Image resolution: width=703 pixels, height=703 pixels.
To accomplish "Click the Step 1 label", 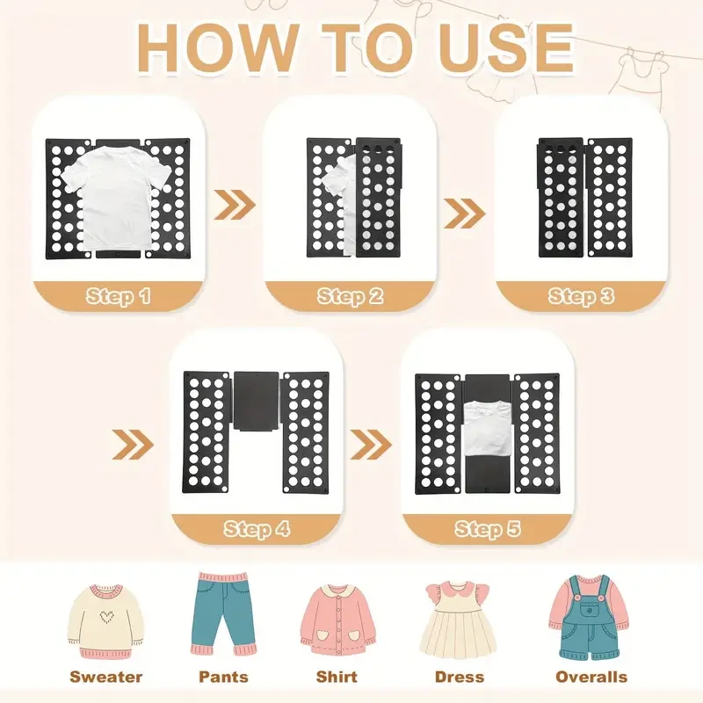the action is [119, 296].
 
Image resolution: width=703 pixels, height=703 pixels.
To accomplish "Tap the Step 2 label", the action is [350, 296].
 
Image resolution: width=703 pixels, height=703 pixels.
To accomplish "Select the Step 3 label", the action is [581, 296].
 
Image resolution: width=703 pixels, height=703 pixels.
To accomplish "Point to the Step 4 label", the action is [257, 529].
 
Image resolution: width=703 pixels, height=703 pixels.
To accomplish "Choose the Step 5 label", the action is [488, 529].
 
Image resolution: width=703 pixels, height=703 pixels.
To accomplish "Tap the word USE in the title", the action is [501, 48].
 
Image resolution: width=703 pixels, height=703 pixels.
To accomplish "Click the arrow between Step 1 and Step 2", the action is [235, 205].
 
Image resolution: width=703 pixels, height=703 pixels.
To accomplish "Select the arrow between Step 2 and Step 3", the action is [465, 213].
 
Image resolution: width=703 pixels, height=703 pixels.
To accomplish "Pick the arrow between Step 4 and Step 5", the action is [371, 445].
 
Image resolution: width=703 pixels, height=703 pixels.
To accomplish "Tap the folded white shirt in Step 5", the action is [488, 430].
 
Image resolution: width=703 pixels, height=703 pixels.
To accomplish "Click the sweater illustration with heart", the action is [105, 621].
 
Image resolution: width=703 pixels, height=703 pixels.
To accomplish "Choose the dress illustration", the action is [458, 620].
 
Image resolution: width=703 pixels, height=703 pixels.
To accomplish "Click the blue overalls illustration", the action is [588, 618].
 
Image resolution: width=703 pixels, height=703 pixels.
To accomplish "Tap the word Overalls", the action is [591, 677].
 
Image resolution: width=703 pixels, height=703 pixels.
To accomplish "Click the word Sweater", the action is [105, 677].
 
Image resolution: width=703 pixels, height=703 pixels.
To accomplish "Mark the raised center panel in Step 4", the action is [256, 402].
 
